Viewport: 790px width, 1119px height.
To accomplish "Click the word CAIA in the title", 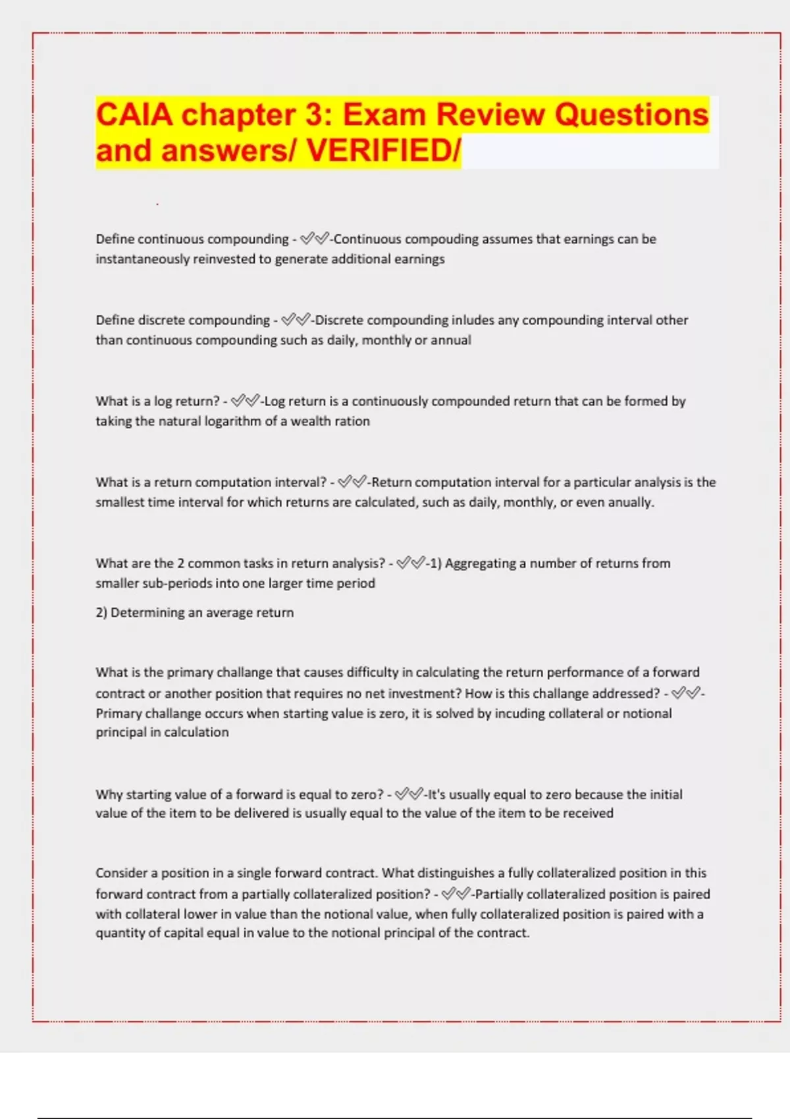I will (x=135, y=115).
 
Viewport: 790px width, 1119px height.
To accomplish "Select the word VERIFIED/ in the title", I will (x=384, y=150).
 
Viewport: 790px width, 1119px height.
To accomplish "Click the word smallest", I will (x=119, y=502).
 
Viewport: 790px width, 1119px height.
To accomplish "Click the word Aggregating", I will (x=481, y=563).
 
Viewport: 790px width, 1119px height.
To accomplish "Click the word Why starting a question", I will (x=109, y=794).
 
